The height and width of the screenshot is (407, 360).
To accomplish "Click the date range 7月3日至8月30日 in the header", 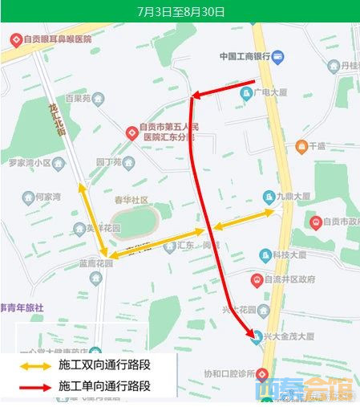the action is click(180, 11).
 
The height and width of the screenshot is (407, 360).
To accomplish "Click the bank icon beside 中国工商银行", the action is click(277, 56).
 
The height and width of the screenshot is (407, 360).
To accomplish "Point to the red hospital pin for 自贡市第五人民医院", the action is click(131, 132).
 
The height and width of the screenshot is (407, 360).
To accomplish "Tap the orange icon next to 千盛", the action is click(301, 146).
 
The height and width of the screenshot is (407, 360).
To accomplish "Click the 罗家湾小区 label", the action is click(29, 162).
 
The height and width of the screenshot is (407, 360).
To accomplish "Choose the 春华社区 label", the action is click(131, 199).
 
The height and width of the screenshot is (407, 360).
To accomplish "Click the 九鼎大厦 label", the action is click(293, 196).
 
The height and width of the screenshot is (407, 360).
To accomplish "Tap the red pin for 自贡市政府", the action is click(316, 222).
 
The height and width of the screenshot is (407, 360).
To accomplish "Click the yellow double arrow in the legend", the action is click(36, 365).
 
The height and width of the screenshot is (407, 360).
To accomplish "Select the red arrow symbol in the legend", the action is click(36, 387).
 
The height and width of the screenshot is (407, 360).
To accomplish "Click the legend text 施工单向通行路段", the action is click(105, 387).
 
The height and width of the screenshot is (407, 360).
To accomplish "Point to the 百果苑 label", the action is click(79, 99).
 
